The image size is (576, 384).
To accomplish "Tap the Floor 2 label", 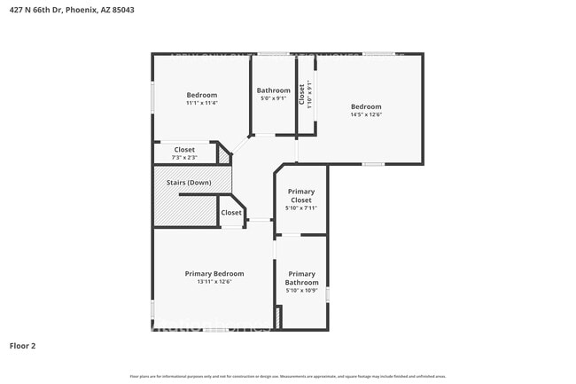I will tap(23, 345).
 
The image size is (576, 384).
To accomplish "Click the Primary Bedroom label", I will tap(214, 273).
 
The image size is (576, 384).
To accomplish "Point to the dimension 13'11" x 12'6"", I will tap(214, 282).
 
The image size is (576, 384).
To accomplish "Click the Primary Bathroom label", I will tap(301, 278).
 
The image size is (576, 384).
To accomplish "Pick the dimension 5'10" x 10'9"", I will tap(301, 291).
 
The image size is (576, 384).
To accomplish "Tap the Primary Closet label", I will tap(301, 196).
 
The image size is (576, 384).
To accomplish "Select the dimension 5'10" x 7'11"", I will tap(301, 208).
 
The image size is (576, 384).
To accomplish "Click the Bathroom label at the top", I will tap(274, 90).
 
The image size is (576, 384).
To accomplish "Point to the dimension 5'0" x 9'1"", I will tap(274, 98).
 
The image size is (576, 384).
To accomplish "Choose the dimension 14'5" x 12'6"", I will tap(366, 114).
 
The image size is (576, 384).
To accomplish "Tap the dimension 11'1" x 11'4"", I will tap(202, 103).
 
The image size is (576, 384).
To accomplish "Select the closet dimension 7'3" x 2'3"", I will tap(184, 158).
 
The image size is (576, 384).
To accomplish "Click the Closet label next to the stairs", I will tap(231, 213).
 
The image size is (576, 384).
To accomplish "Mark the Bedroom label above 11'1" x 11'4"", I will tap(202, 95).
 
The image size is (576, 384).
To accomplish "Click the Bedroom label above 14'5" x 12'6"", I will tap(366, 106).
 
